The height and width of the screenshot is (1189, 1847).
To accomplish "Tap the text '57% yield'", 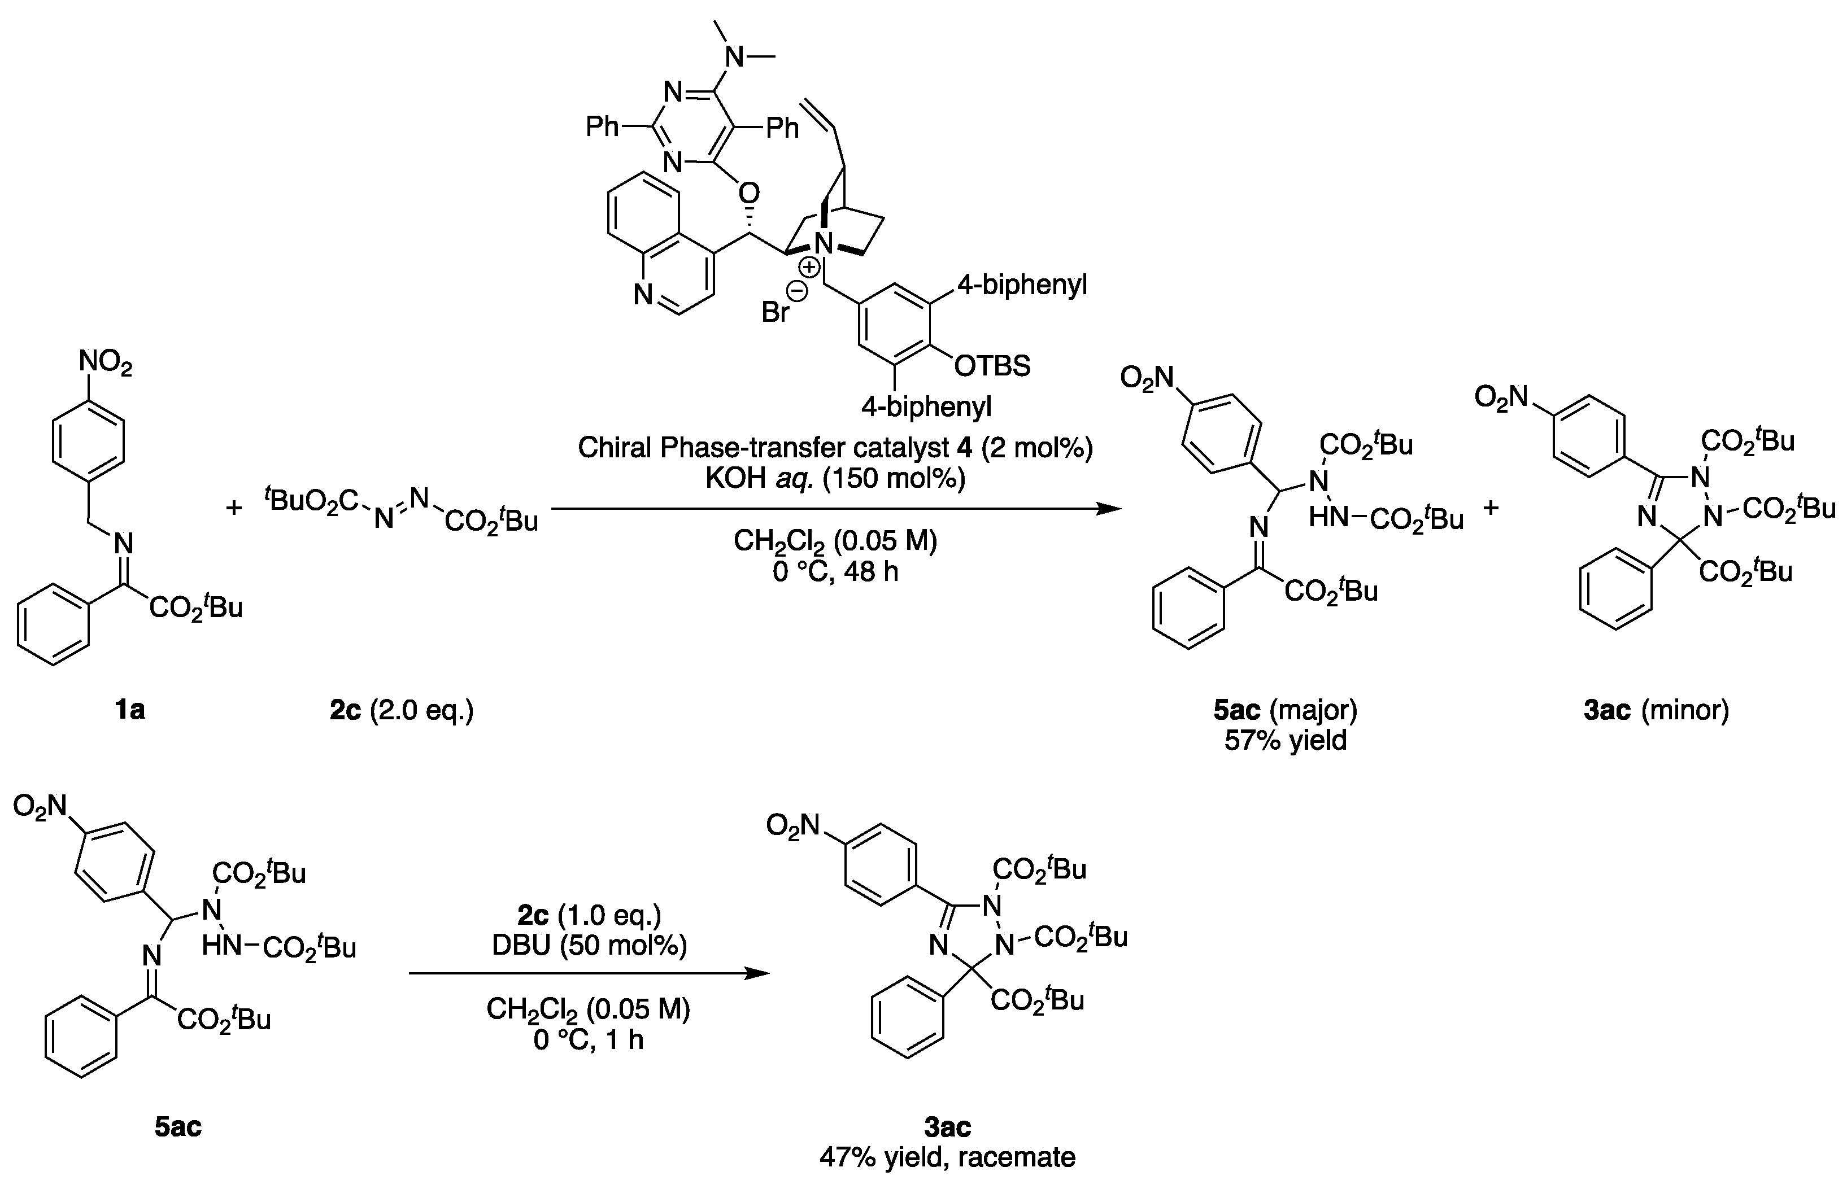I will click(x=1286, y=740).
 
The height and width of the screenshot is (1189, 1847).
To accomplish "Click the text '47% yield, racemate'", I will click(x=947, y=1157).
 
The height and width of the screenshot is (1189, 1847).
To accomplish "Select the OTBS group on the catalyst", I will click(x=992, y=365).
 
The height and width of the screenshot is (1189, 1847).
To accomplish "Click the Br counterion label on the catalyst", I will click(x=775, y=312).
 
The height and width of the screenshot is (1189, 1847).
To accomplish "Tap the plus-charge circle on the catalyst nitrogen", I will click(x=809, y=268).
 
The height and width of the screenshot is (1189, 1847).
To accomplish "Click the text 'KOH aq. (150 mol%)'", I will click(x=835, y=479).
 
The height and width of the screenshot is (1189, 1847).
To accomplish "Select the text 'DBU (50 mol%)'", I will click(x=590, y=946).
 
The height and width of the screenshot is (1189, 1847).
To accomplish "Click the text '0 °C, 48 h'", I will click(x=835, y=572).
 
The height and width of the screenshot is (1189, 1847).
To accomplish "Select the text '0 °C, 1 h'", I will click(x=588, y=1039).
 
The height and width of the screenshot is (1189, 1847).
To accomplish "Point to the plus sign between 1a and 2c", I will click(x=233, y=508).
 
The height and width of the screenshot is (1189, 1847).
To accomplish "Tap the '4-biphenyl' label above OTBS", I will click(x=1022, y=286).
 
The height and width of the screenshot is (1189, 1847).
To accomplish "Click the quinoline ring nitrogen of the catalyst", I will click(x=643, y=294).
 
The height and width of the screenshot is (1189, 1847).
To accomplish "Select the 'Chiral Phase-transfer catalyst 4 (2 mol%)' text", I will click(x=835, y=448).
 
